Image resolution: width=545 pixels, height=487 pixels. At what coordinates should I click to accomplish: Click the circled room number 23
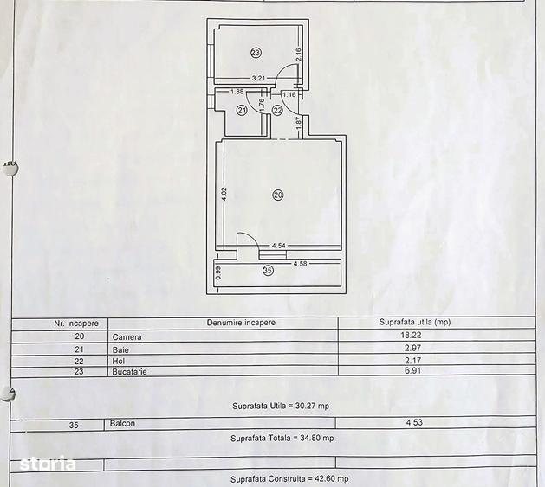(256, 53)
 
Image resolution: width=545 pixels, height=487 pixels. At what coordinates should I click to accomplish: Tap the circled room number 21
(242, 111)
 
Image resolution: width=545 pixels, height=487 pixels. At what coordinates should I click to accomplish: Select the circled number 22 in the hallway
(277, 111)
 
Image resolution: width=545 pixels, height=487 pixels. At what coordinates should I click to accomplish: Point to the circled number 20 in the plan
(278, 195)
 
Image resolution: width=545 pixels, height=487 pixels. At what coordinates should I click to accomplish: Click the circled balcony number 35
(268, 271)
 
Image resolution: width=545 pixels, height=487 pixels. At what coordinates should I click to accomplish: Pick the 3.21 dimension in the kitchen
(258, 79)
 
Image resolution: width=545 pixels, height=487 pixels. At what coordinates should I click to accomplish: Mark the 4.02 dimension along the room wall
(224, 195)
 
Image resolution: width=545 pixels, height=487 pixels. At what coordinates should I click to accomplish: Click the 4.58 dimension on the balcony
(301, 264)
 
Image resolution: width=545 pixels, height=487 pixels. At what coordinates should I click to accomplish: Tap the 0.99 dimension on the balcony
(218, 272)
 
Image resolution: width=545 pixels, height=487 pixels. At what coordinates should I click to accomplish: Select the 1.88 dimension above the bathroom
(237, 92)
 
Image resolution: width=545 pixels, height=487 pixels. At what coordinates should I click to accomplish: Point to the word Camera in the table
(127, 337)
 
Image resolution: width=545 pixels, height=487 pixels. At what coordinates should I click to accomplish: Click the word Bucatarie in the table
(129, 372)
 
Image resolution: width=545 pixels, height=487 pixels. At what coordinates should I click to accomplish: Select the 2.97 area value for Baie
(413, 348)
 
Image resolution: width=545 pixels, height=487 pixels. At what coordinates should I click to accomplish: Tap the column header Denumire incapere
(241, 323)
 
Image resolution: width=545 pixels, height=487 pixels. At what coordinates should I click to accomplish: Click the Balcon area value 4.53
(414, 422)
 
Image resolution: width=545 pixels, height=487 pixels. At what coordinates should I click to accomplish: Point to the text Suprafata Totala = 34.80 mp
(282, 439)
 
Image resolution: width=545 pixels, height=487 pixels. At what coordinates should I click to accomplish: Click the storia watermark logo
(48, 463)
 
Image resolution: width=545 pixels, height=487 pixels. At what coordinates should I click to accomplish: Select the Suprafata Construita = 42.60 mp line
(289, 479)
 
